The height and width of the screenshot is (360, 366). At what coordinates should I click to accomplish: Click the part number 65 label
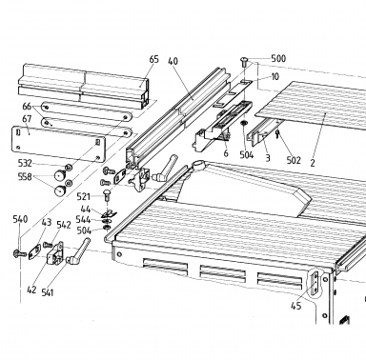click(x=154, y=59)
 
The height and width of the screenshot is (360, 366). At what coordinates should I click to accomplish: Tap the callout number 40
click(x=173, y=61)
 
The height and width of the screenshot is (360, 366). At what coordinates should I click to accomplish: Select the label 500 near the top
click(x=278, y=58)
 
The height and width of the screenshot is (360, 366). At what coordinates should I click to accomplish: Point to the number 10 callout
click(x=275, y=76)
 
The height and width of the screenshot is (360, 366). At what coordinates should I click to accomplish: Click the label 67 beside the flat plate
click(x=27, y=119)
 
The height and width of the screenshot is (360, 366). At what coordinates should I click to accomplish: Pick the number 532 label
click(x=25, y=163)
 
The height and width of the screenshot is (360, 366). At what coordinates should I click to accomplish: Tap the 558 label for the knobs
click(x=25, y=177)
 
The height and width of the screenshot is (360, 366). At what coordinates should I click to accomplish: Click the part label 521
click(x=84, y=197)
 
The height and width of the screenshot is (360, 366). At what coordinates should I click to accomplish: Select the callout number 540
click(x=20, y=219)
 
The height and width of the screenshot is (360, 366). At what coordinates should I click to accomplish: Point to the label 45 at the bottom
click(x=295, y=306)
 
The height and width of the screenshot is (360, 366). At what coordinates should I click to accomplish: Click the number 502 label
click(x=294, y=160)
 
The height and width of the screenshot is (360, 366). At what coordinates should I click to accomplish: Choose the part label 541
click(x=48, y=292)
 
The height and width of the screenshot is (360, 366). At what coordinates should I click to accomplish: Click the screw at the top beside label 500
click(x=244, y=61)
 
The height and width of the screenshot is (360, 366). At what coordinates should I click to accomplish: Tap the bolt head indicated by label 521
click(x=107, y=194)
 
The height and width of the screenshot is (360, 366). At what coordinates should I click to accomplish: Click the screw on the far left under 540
click(x=20, y=253)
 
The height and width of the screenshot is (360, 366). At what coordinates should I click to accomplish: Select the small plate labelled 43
click(x=34, y=251)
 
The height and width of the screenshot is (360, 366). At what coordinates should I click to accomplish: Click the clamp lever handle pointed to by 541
click(x=78, y=251)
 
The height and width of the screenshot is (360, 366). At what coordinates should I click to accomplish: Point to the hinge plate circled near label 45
click(x=315, y=283)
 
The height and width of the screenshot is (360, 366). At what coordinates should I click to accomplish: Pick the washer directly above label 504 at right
click(x=244, y=123)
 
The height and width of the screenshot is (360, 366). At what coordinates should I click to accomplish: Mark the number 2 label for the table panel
click(x=313, y=163)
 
